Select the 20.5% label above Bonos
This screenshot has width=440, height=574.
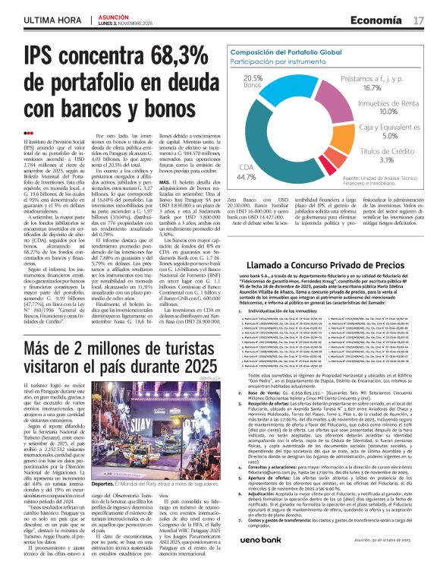click(253, 78)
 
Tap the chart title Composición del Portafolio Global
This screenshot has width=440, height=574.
click(288, 50)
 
